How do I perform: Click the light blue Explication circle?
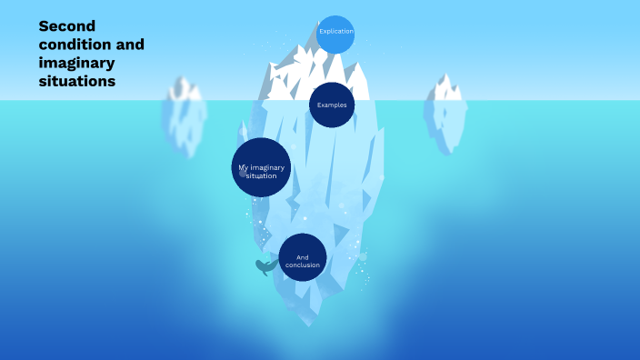335,35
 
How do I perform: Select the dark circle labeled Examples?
332,105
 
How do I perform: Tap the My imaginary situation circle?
261,167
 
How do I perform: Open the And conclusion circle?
303,257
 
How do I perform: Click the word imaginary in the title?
76,62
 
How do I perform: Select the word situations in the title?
76,81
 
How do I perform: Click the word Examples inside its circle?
332,105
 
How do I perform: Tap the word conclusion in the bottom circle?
303,265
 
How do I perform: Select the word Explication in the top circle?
335,32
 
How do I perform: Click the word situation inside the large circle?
261,175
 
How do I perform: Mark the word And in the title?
130,44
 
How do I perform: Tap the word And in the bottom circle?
303,256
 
